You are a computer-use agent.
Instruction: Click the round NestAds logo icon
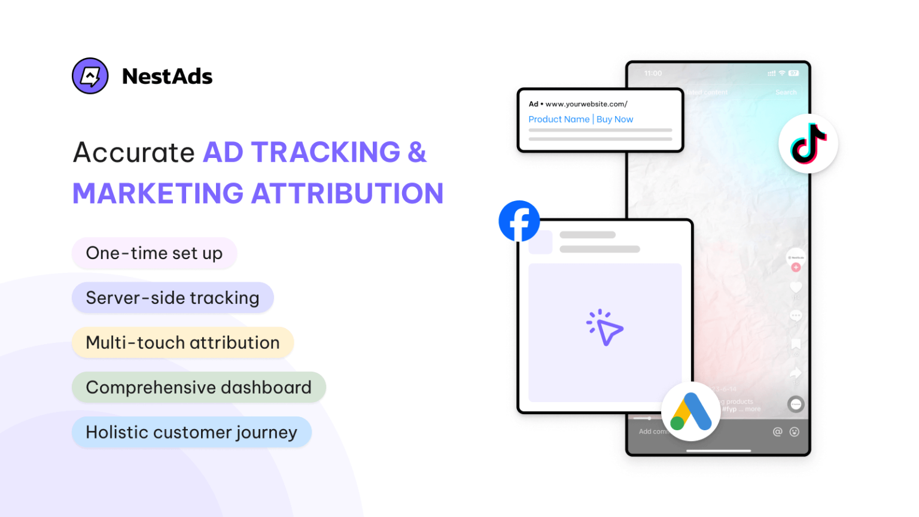pyautogui.click(x=90, y=76)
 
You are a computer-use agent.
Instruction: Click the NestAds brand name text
pyautogui.click(x=167, y=77)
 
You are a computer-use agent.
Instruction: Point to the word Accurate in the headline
pyautogui.click(x=134, y=152)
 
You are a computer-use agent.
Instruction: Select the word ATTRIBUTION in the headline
pyautogui.click(x=347, y=194)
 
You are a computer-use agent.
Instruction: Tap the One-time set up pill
pyautogui.click(x=154, y=253)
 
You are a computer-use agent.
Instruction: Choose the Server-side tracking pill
pyautogui.click(x=172, y=297)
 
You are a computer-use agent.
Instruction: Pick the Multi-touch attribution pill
pyautogui.click(x=182, y=342)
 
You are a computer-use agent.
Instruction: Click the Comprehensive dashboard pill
pyautogui.click(x=199, y=387)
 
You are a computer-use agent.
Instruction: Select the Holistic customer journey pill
pyautogui.click(x=191, y=432)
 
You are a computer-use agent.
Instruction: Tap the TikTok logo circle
pyautogui.click(x=808, y=144)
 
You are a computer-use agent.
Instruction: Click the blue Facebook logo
pyautogui.click(x=519, y=221)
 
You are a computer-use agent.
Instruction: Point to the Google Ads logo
pyautogui.click(x=691, y=412)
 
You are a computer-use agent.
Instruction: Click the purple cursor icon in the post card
pyautogui.click(x=605, y=327)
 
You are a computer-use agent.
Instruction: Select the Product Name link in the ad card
pyautogui.click(x=559, y=119)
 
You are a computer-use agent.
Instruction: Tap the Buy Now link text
pyautogui.click(x=614, y=119)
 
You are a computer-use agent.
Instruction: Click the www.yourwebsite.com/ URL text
pyautogui.click(x=586, y=104)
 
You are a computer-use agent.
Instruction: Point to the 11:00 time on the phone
pyautogui.click(x=653, y=74)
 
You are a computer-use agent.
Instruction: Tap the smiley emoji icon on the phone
pyautogui.click(x=795, y=431)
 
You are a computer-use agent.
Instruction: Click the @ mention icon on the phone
pyautogui.click(x=777, y=431)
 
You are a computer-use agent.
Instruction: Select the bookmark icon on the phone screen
pyautogui.click(x=796, y=344)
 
